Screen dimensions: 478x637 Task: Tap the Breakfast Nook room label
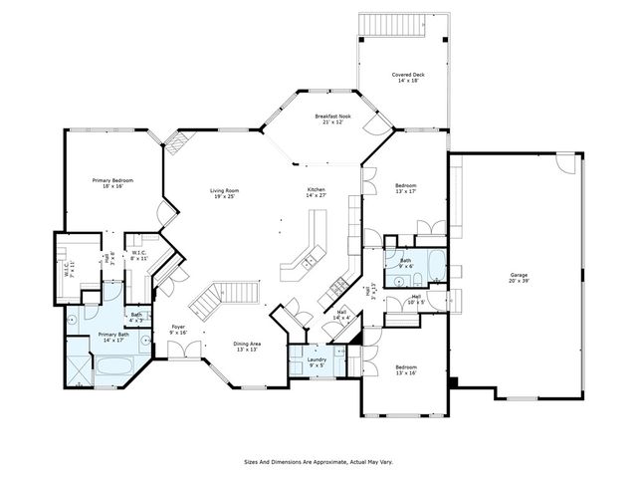pyautogui.click(x=333, y=120)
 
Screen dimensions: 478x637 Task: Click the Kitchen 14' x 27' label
pyautogui.click(x=317, y=193)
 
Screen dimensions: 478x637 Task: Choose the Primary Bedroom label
pyautogui.click(x=112, y=183)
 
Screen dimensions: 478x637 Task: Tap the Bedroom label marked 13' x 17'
pyautogui.click(x=405, y=190)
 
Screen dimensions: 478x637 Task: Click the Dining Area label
pyautogui.click(x=248, y=347)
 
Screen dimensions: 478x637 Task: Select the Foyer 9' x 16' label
pyautogui.click(x=179, y=330)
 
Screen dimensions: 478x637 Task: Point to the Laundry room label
pyautogui.click(x=317, y=361)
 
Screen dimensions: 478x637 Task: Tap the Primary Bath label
pyautogui.click(x=113, y=338)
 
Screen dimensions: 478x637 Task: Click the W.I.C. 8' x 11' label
pyautogui.click(x=139, y=255)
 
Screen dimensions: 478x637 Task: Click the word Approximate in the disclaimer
pyautogui.click(x=318, y=462)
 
